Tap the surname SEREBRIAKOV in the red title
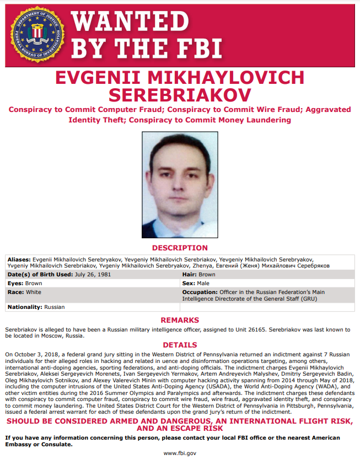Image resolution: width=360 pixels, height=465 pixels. pyautogui.click(x=180, y=94)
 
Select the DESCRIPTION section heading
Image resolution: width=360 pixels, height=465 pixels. pyautogui.click(x=180, y=248)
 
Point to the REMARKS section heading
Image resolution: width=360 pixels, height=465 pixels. pyautogui.click(x=180, y=320)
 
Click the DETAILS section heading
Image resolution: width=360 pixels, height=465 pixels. pyautogui.click(x=180, y=345)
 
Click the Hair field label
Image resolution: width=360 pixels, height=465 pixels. pyautogui.click(x=190, y=274)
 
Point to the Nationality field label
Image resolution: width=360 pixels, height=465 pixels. pyautogui.click(x=24, y=306)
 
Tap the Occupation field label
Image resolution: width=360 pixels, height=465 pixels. pyautogui.click(x=200, y=292)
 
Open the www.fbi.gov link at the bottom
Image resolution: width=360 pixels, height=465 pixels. pyautogui.click(x=180, y=453)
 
